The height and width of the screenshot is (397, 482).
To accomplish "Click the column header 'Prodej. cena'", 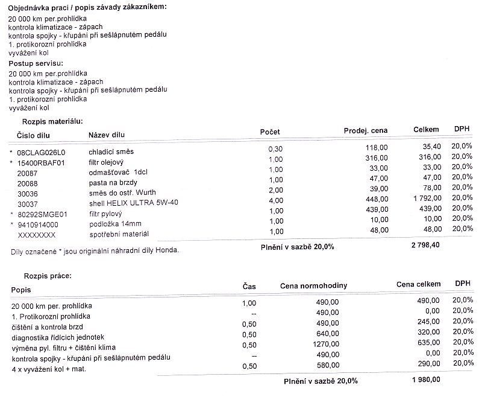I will point(366,130).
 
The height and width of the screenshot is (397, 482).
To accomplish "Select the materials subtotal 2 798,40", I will point(424,246).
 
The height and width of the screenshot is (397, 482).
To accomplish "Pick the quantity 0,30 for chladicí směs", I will point(275,148).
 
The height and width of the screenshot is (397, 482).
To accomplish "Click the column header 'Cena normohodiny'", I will point(313,285).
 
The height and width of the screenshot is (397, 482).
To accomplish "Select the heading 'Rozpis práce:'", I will point(47,276).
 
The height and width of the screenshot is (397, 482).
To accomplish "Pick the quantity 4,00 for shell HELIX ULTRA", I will point(275,200).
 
